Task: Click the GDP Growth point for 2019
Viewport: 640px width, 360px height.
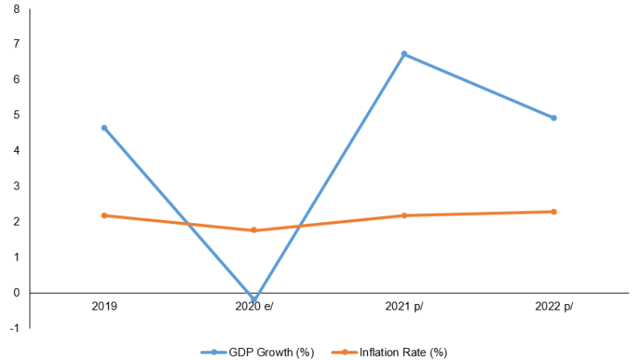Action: (104, 128)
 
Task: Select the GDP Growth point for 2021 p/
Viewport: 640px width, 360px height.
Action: (404, 54)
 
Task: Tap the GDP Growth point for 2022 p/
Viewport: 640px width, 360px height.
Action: (554, 118)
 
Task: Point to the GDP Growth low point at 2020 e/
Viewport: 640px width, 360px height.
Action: (254, 300)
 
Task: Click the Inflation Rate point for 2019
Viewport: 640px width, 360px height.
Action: (104, 215)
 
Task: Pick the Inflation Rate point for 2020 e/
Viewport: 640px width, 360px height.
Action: (254, 230)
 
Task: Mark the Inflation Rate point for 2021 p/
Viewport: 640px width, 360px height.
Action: (404, 215)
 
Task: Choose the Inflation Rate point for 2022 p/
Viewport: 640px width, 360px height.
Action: (554, 211)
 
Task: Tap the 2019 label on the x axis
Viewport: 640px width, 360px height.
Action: (104, 306)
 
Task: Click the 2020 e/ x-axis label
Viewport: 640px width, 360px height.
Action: (254, 306)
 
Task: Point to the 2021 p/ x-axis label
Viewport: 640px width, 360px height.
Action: (404, 306)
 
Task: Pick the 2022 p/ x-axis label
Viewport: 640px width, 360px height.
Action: (554, 306)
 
